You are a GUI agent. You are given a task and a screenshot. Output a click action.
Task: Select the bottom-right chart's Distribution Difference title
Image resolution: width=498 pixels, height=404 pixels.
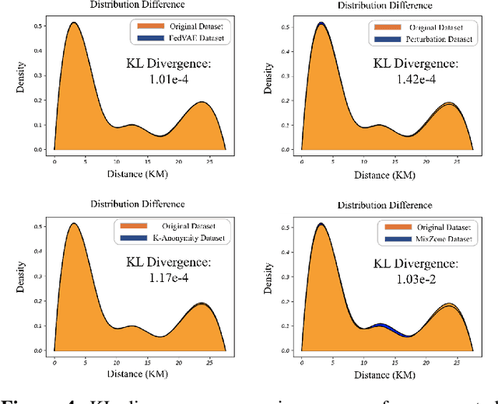(x=385, y=205)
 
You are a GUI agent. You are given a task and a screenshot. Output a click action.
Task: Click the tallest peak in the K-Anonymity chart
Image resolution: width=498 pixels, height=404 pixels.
(x=74, y=225)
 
